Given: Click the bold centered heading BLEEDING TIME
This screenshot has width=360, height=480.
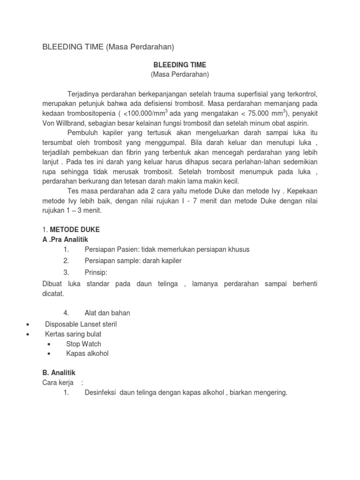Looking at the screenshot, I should [180, 65].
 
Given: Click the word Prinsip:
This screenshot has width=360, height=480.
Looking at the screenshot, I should [96, 272].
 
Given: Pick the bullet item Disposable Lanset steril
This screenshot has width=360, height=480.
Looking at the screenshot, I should [81, 324].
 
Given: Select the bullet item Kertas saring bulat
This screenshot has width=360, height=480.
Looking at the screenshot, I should [73, 334].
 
